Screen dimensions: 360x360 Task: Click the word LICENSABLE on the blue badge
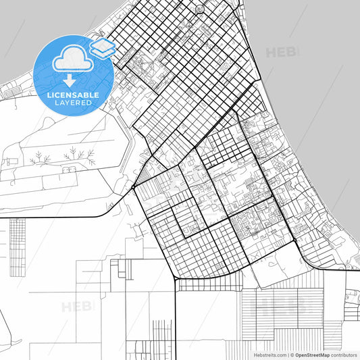click(x=74, y=95)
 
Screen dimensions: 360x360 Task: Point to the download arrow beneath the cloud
click(x=70, y=80)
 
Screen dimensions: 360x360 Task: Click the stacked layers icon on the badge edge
click(x=103, y=47)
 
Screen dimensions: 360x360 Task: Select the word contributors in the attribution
click(x=344, y=354)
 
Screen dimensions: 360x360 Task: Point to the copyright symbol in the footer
click(x=292, y=354)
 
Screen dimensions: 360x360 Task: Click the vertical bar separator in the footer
click(x=286, y=354)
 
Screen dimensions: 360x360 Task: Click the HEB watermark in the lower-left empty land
click(x=76, y=307)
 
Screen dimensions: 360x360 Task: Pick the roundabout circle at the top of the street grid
click(x=199, y=9)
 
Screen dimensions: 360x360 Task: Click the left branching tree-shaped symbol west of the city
click(x=41, y=158)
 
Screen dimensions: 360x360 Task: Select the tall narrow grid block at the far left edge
click(x=18, y=247)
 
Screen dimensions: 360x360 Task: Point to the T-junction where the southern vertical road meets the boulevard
click(x=176, y=279)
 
